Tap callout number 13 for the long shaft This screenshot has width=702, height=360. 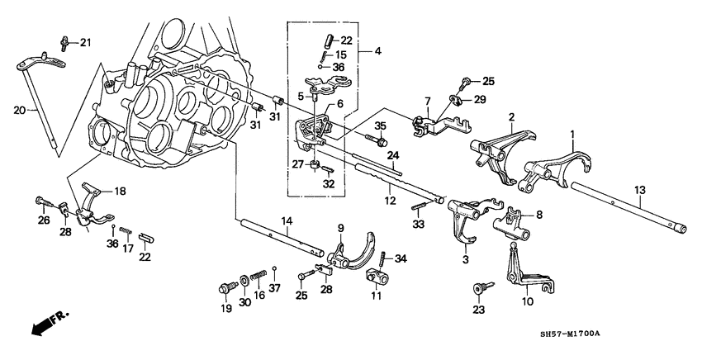(640, 191)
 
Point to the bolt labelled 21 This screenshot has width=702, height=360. (65, 40)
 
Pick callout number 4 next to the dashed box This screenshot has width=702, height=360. (377, 51)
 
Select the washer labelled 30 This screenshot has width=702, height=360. (244, 281)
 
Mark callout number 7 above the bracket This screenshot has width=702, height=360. (428, 102)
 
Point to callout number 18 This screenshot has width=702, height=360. (121, 191)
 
